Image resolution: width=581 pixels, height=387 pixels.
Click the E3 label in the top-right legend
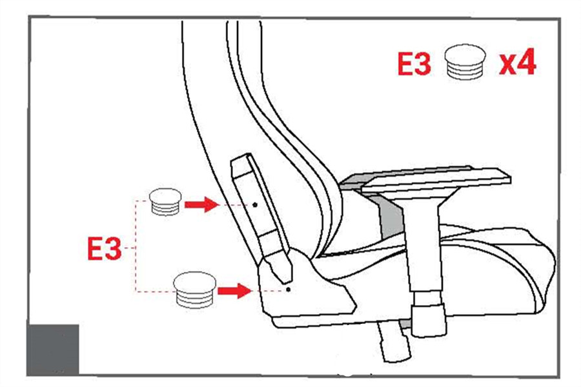(414, 64)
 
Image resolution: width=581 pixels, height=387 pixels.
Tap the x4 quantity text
(517, 61)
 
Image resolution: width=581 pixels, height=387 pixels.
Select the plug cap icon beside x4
(465, 62)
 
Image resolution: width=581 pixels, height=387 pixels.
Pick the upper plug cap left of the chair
(165, 202)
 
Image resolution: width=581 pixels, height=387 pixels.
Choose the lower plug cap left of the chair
(195, 290)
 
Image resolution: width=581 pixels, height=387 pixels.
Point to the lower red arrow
(234, 291)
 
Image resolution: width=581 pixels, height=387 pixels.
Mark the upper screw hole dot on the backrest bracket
(255, 205)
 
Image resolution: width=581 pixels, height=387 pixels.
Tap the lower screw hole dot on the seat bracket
(289, 290)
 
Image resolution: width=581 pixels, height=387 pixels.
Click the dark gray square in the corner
(53, 350)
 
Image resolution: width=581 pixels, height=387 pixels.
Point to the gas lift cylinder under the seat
(394, 341)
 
